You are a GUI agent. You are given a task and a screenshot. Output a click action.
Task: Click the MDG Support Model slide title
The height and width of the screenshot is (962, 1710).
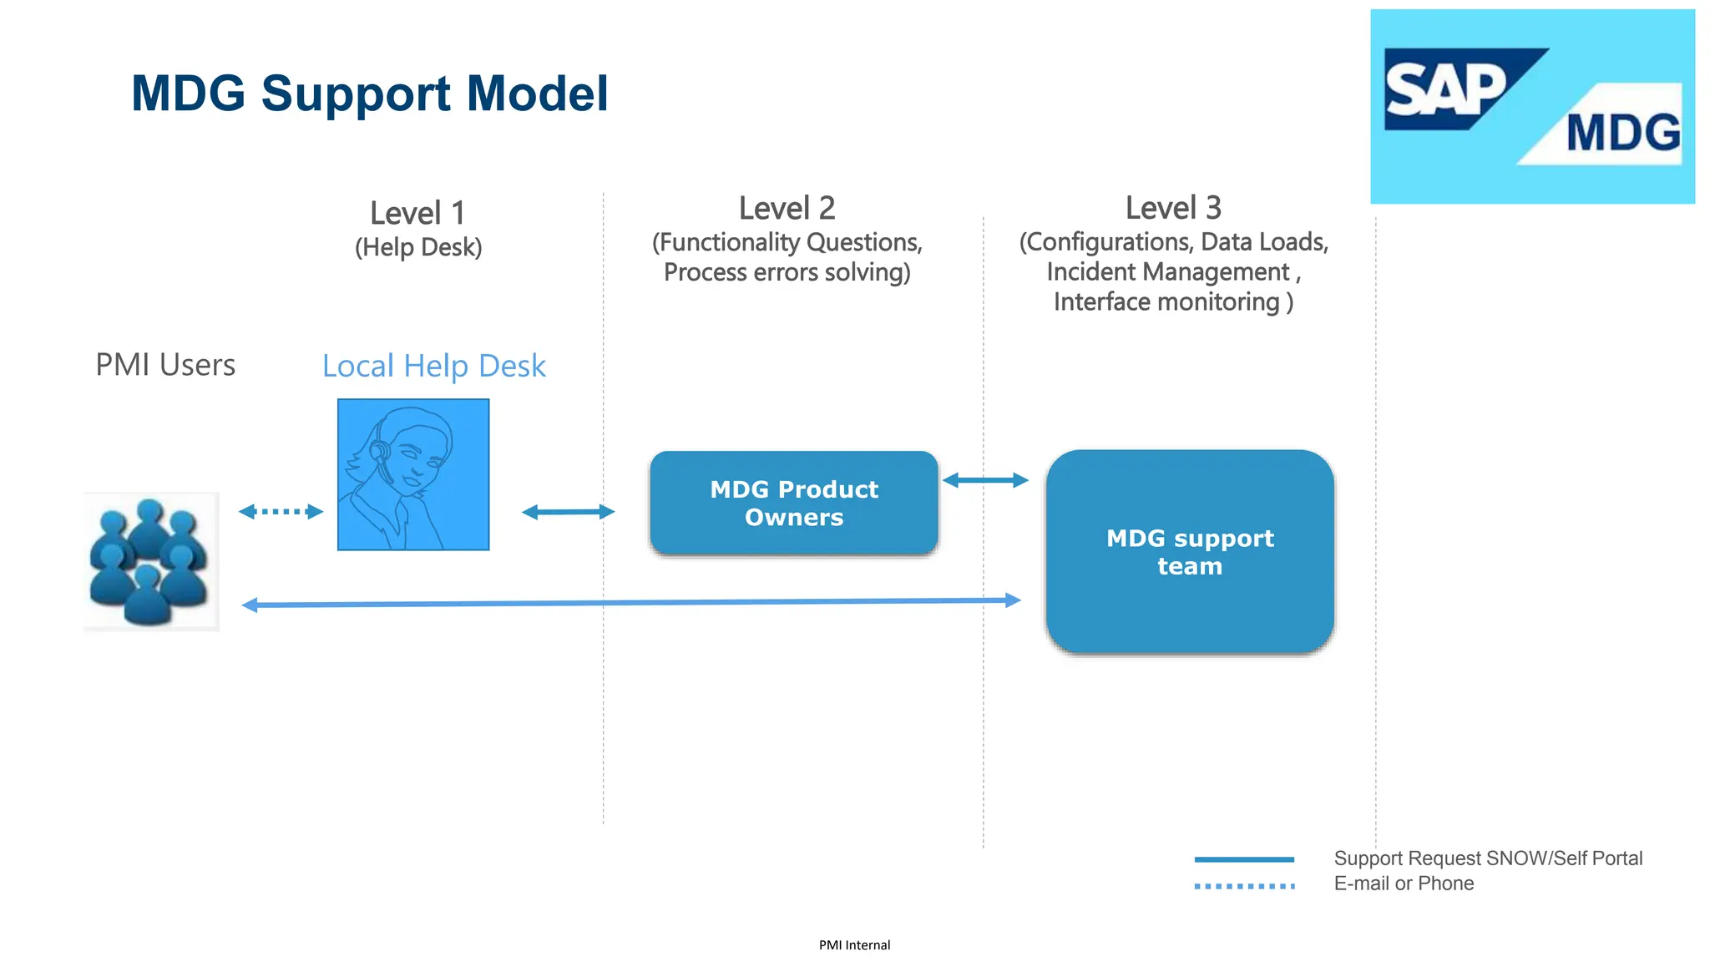[x=369, y=93]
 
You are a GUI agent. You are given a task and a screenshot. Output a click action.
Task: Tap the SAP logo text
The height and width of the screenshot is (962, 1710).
[x=1446, y=90]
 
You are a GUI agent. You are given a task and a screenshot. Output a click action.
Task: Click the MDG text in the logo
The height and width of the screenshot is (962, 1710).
[x=1622, y=134]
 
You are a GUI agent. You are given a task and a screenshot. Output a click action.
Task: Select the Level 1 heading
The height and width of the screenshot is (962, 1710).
[x=417, y=213]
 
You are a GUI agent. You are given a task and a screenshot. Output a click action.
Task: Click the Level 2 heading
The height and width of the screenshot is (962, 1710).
[x=787, y=208]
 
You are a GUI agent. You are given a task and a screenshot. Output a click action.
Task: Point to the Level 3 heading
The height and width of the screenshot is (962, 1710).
[x=1173, y=208]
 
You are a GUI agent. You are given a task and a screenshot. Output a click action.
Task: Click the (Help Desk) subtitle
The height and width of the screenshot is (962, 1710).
[x=418, y=247]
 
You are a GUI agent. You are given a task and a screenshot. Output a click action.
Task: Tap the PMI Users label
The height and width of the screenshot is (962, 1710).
[x=165, y=365]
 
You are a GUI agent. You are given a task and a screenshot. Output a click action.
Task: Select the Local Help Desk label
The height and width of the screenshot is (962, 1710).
[x=433, y=366]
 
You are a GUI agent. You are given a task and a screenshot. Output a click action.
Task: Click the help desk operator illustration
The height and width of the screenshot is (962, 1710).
[x=413, y=474]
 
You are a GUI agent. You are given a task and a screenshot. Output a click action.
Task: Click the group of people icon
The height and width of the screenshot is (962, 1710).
[x=150, y=561]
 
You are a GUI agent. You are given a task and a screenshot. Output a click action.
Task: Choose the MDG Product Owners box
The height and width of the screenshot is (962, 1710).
[x=793, y=503]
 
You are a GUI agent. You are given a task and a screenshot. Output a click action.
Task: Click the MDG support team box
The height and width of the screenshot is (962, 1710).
[x=1190, y=552]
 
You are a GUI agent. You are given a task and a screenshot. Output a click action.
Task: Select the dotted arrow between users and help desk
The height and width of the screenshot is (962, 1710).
[x=281, y=511]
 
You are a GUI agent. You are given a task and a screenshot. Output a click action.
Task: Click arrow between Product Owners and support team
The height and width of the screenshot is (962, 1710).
[x=985, y=480]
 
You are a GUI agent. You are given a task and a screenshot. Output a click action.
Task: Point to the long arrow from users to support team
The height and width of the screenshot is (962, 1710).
[x=630, y=602]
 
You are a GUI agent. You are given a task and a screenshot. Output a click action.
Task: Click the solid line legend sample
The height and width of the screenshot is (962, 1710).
[x=1244, y=858]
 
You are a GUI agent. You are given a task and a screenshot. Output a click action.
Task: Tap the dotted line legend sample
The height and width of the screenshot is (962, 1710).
[x=1244, y=886]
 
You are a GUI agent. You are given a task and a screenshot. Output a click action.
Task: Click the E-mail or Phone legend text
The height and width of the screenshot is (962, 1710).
[x=1404, y=884]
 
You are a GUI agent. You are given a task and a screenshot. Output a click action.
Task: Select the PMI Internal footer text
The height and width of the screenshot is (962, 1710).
[x=854, y=945]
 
